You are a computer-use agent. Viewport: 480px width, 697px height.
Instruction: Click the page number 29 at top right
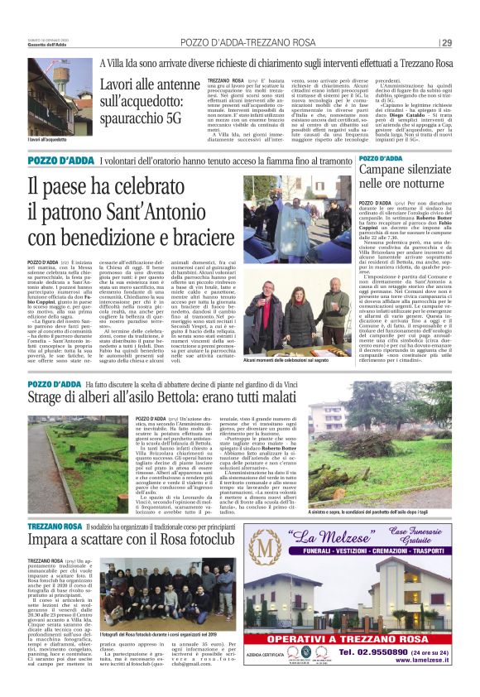point(446,43)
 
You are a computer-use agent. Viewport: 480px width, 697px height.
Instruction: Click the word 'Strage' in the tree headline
point(49,400)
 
